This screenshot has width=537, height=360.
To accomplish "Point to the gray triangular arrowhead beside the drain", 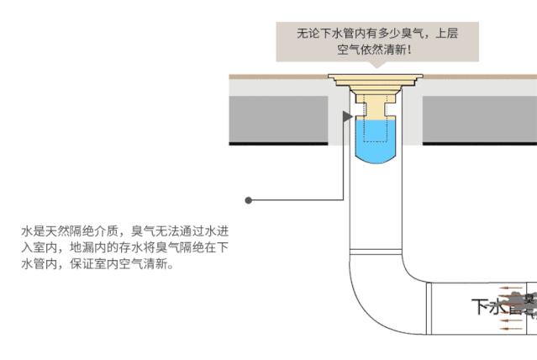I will pos(347,116).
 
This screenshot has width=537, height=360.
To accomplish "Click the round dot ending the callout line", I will pos(249,200).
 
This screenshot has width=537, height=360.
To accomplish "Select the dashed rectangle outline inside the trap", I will pos(374,126).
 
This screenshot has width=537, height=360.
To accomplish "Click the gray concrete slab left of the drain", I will pos(278,119).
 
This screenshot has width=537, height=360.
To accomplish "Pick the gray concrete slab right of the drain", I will pos(479,119).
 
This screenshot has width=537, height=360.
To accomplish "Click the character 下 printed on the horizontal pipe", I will pos(479,306).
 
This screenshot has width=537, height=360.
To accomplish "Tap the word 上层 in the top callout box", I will pos(445,34).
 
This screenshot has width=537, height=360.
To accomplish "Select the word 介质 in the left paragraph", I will pos(108,230).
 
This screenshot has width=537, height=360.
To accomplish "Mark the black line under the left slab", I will pos(278,144).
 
